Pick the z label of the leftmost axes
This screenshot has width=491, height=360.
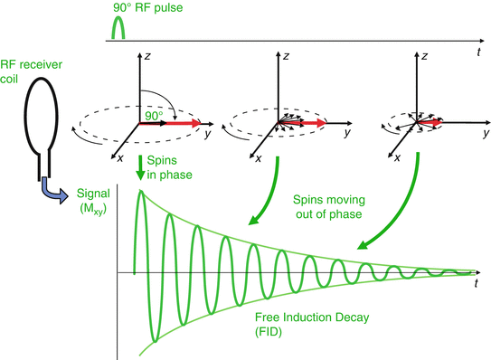point(147,56)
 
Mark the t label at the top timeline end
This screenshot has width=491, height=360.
point(477,53)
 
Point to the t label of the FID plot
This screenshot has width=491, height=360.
point(477,284)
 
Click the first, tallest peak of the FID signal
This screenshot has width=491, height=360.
point(141,194)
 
